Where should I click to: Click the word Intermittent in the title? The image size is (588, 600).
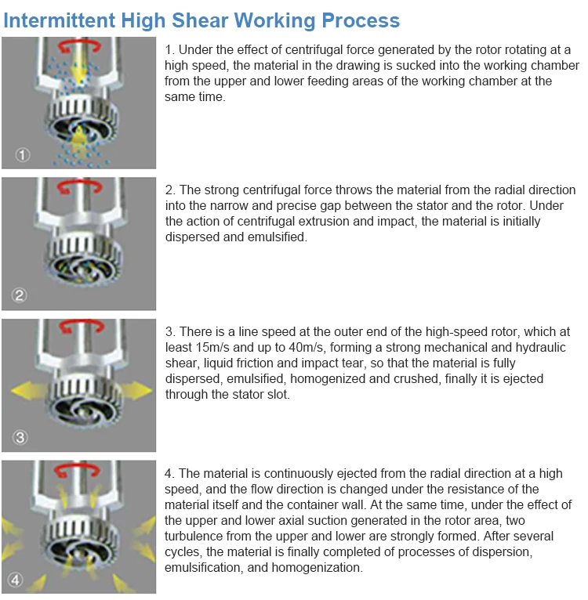(x=60, y=20)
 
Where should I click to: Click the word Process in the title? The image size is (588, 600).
(x=361, y=20)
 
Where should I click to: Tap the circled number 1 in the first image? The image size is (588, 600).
(x=23, y=155)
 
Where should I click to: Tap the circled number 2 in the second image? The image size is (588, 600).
(x=19, y=295)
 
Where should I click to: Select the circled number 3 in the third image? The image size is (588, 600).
(x=20, y=437)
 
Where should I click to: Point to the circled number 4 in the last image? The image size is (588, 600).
(x=16, y=580)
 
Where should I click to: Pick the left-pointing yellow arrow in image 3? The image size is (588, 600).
(x=29, y=391)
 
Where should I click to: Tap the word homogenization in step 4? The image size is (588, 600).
(x=317, y=567)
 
